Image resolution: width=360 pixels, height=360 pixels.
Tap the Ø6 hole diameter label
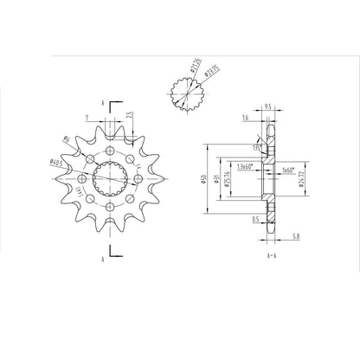tap(67, 140)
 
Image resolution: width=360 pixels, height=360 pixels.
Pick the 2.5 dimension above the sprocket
tap(128, 115)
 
